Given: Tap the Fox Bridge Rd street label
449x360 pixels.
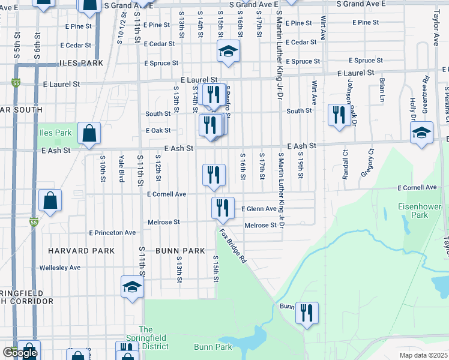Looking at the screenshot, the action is tap(233, 245).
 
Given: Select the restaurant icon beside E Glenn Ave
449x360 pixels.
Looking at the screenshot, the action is tap(223, 208).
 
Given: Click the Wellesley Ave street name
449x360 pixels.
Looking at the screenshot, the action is tap(59, 268).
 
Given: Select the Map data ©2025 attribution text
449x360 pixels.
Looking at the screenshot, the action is tap(424, 355).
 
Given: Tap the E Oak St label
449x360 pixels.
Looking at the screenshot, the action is tap(158, 130).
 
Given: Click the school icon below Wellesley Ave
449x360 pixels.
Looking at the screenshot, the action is tap(132, 287).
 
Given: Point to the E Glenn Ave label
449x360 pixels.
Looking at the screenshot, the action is tap(259, 209).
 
